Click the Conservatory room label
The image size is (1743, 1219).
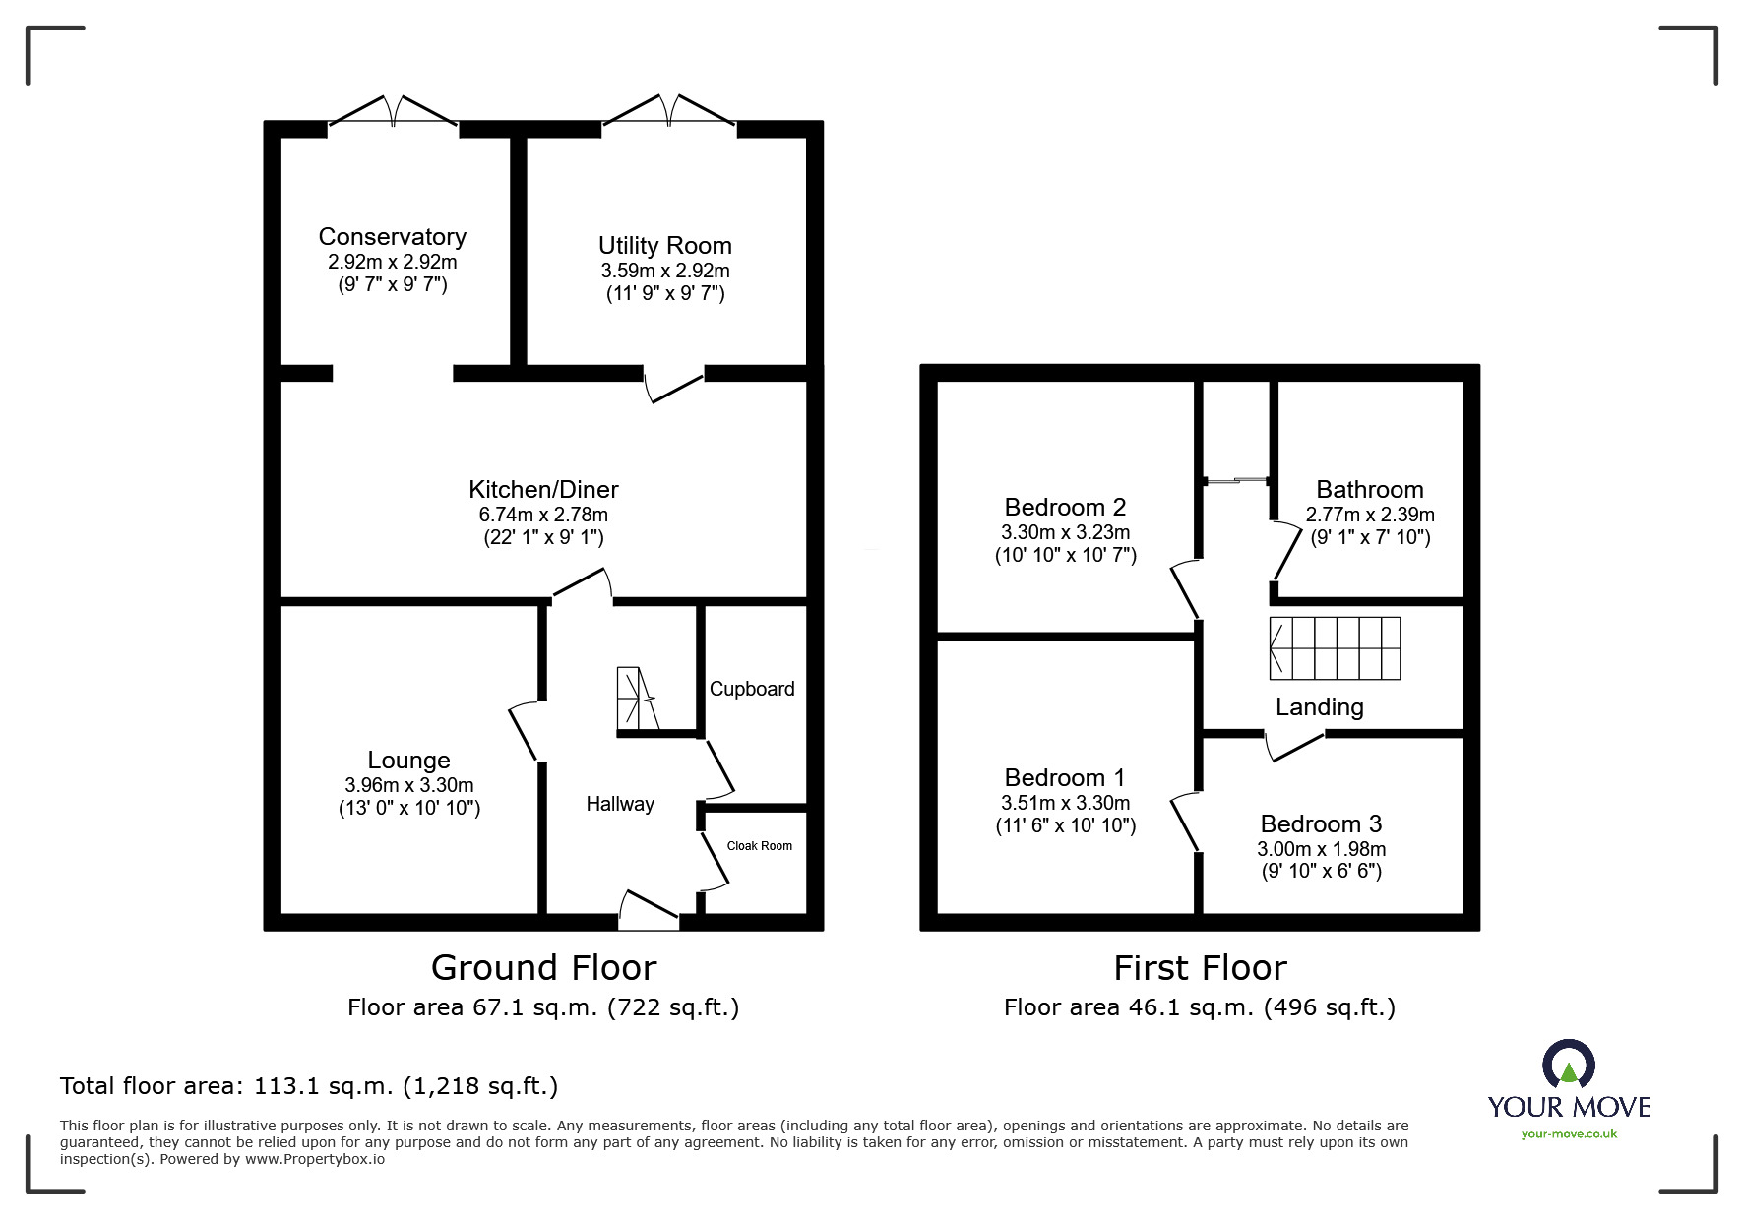(x=392, y=237)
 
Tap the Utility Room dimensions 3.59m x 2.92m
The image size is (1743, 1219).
(x=665, y=271)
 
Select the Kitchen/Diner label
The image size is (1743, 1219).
(x=543, y=489)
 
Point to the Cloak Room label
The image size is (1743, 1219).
(x=759, y=846)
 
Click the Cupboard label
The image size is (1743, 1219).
(x=752, y=689)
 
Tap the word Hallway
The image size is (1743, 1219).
(x=620, y=804)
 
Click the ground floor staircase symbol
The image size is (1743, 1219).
(x=635, y=699)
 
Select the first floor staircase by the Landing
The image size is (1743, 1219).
(x=1335, y=648)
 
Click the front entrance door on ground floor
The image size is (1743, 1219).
(x=650, y=911)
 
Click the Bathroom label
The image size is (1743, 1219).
(x=1369, y=490)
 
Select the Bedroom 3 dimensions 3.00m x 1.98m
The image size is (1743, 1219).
(x=1321, y=849)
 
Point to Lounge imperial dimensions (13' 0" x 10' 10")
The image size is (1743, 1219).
(x=408, y=809)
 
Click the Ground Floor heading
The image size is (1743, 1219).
(x=543, y=968)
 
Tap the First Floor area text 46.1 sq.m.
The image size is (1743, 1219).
(x=1199, y=1007)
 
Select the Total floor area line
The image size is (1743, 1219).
(x=309, y=1086)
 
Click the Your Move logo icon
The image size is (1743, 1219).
(x=1568, y=1067)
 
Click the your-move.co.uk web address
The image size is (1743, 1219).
(x=1569, y=1134)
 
